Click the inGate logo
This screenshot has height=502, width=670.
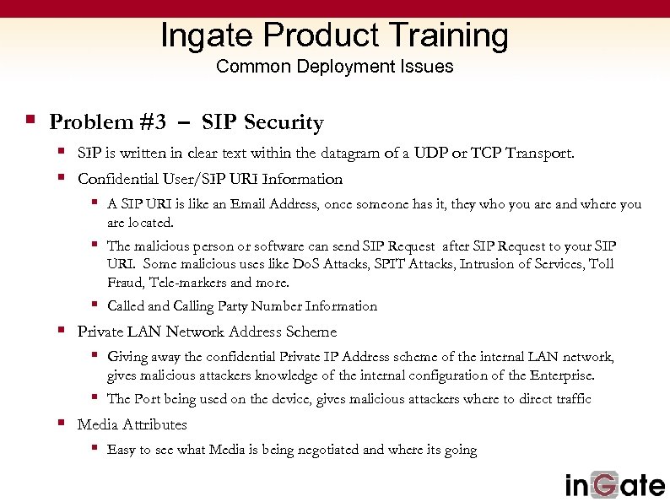[615, 484]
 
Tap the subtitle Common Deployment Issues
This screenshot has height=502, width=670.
[335, 67]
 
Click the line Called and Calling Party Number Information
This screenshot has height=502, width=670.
[242, 306]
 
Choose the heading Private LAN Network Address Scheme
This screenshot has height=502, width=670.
[207, 332]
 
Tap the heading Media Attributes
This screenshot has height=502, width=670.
[132, 424]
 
